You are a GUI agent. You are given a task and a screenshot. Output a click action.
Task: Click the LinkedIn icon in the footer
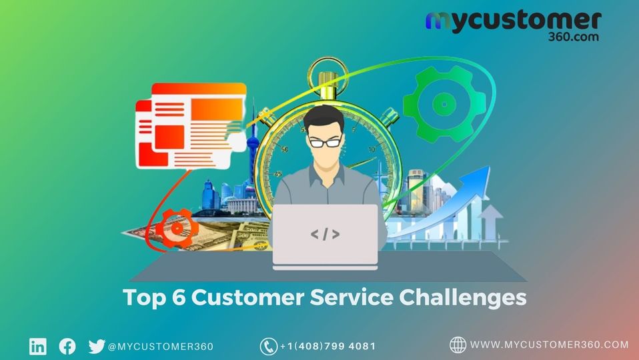38,347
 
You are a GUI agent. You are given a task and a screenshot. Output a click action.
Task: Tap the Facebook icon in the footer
67,347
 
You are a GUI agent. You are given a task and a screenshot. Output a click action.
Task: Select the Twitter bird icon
97,347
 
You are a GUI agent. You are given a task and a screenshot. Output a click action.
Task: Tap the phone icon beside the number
268,347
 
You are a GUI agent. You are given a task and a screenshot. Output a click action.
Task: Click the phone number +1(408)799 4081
328,347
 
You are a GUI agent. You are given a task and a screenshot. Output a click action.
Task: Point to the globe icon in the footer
458,345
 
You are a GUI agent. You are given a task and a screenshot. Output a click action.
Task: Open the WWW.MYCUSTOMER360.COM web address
549,345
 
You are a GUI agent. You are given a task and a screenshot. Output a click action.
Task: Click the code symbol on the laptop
325,234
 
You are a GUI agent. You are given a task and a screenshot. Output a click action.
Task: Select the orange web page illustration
190,123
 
